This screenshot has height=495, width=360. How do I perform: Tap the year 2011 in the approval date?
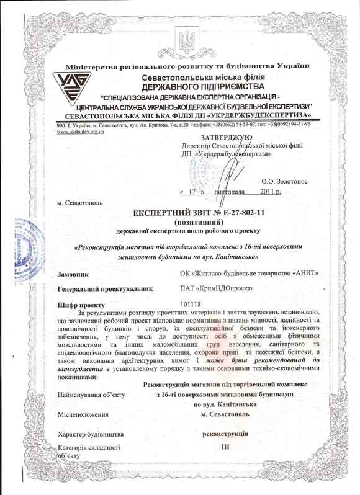pos(269,192)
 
